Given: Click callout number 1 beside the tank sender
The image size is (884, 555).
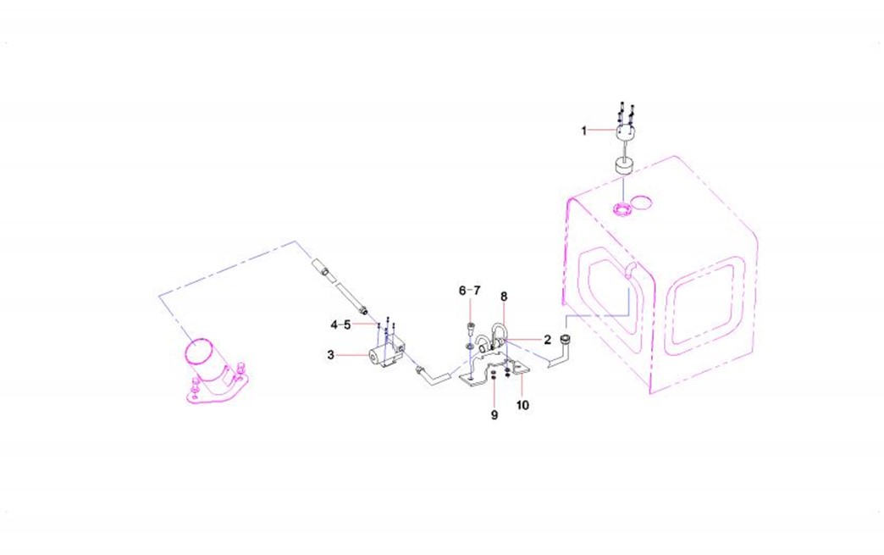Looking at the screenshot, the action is tap(584, 130).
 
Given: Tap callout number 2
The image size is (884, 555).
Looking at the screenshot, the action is tap(547, 340).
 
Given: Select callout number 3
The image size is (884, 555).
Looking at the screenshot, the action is tap(330, 355).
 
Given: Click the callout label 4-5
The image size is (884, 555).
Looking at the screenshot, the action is tap(340, 325).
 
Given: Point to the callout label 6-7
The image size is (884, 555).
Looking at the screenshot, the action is tap(470, 291).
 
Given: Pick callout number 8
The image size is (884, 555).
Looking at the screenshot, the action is tap(504, 297).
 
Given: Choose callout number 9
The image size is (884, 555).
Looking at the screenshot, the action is tap(494, 415).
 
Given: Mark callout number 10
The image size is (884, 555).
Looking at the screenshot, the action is tap(522, 405).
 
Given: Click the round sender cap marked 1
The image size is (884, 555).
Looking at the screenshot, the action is tap(625, 133).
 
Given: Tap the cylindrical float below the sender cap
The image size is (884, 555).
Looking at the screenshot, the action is tap(623, 167).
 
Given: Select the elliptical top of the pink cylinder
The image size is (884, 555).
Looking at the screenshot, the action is tap(198, 352).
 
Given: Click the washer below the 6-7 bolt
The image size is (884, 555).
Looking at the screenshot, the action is tap(469, 345).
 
